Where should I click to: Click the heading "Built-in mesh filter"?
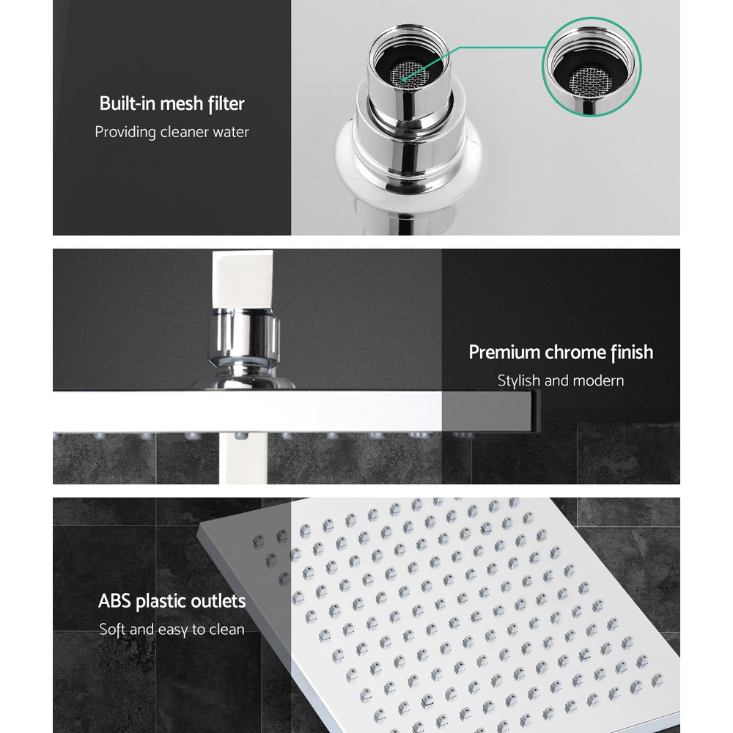tap(172, 103)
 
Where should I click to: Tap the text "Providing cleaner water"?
tap(172, 133)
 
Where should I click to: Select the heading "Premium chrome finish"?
tap(561, 353)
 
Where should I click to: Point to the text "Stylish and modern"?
tap(561, 381)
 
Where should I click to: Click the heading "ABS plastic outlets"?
tap(172, 602)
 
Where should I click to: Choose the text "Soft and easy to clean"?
tap(172, 630)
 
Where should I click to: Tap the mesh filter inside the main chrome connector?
tap(405, 71)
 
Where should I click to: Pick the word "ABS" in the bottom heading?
tap(116, 602)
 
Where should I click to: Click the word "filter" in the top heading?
tap(225, 103)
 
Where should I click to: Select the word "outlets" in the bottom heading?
tap(217, 602)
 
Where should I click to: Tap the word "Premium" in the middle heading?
tap(504, 353)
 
